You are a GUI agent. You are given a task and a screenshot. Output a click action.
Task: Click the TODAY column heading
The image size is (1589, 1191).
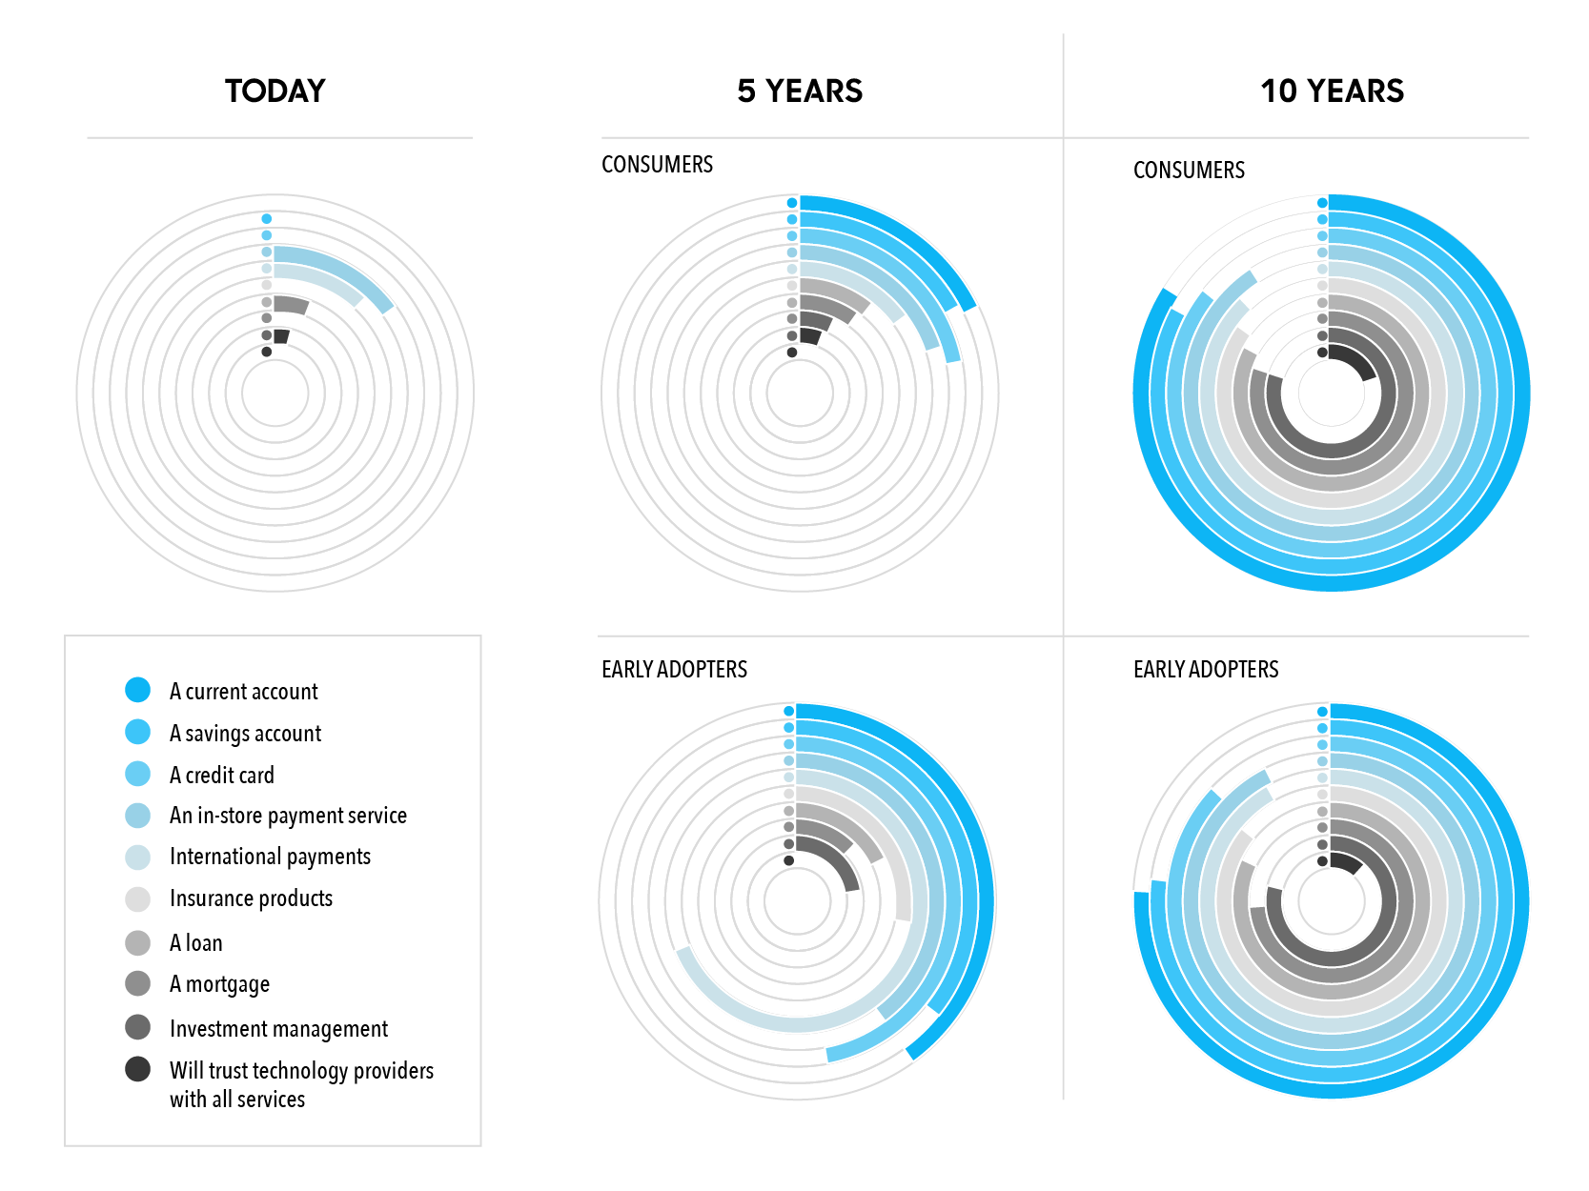click(x=275, y=91)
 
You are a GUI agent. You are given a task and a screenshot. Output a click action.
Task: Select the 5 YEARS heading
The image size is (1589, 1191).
click(x=800, y=91)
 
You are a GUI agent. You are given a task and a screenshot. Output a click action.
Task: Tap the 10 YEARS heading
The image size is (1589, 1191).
click(x=1332, y=91)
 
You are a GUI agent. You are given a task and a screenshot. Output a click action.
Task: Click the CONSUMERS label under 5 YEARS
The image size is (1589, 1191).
click(x=657, y=165)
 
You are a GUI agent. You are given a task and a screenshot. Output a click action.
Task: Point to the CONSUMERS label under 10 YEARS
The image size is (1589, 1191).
click(x=1189, y=171)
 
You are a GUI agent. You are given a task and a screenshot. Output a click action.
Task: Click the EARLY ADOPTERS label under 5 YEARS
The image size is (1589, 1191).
click(x=674, y=670)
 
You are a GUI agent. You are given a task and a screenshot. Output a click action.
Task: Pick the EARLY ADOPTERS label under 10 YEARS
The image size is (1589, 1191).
click(x=1206, y=670)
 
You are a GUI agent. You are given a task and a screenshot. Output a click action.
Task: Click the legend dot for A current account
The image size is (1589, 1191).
click(x=137, y=690)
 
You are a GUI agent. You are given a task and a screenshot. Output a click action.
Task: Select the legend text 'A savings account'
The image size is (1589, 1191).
click(x=245, y=734)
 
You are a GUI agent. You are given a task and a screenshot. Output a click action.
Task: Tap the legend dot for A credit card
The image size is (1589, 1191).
click(x=137, y=774)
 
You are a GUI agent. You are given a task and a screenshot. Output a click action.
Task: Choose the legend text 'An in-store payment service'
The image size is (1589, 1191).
click(x=288, y=816)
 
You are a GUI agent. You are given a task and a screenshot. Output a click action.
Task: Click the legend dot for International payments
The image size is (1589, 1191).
click(x=137, y=857)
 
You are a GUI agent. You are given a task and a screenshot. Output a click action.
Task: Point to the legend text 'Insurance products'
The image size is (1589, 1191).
click(x=251, y=898)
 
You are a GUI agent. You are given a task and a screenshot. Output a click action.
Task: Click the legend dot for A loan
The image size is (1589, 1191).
click(x=137, y=942)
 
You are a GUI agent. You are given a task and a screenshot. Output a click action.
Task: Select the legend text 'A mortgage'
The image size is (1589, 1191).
click(x=219, y=984)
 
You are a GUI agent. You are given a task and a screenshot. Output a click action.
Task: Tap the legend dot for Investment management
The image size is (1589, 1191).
click(x=137, y=1027)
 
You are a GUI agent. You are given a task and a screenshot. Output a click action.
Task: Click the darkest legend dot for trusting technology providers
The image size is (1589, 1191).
click(x=137, y=1069)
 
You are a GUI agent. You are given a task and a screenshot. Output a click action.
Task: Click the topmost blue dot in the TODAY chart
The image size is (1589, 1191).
click(x=267, y=219)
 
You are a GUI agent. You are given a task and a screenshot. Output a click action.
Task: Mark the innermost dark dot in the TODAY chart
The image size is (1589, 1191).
click(x=267, y=352)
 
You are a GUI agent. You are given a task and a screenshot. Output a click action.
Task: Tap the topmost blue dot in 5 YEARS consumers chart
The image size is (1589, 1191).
click(x=792, y=203)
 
